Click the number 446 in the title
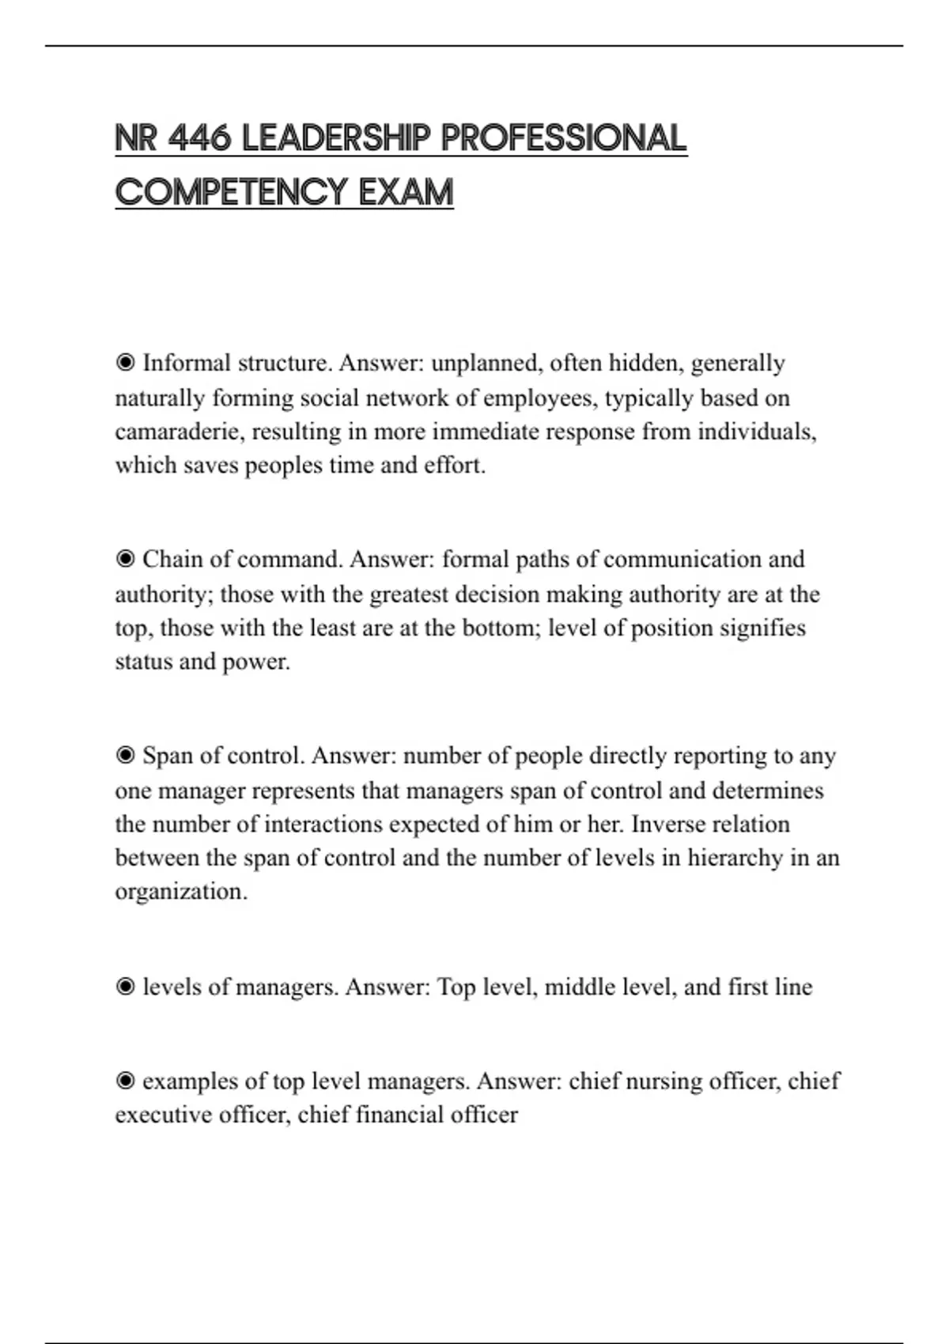click(x=199, y=138)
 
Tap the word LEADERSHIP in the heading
click(x=336, y=138)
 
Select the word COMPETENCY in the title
click(x=231, y=192)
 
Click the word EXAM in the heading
click(x=406, y=192)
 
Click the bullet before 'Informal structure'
click(x=125, y=363)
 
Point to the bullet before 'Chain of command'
click(x=125, y=559)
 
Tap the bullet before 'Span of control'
click(x=125, y=755)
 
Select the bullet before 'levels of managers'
click(x=125, y=987)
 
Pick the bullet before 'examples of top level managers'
click(x=125, y=1081)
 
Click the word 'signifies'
click(x=758, y=628)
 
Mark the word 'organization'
click(x=180, y=892)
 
